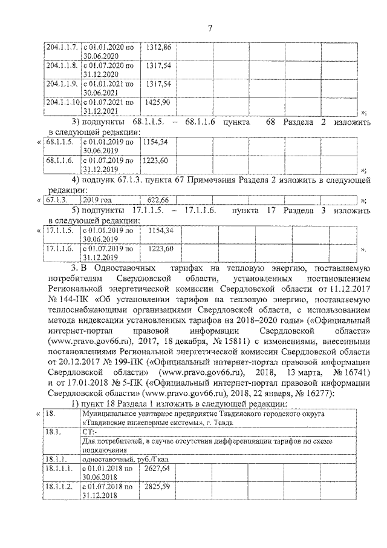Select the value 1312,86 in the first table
tap(157, 47)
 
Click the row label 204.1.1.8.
tap(61, 65)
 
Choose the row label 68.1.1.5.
tap(59, 142)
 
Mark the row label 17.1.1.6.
tap(59, 249)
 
